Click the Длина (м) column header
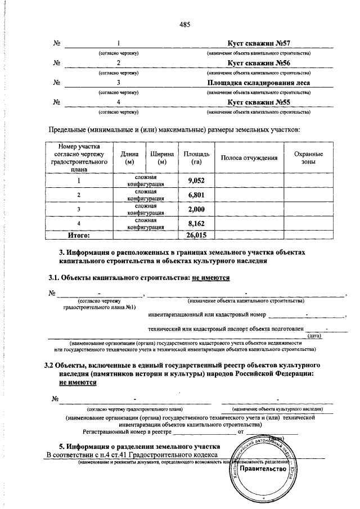[x=126, y=158]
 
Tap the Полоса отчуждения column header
[x=249, y=158]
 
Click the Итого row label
[x=79, y=235]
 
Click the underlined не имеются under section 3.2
[x=78, y=382]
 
